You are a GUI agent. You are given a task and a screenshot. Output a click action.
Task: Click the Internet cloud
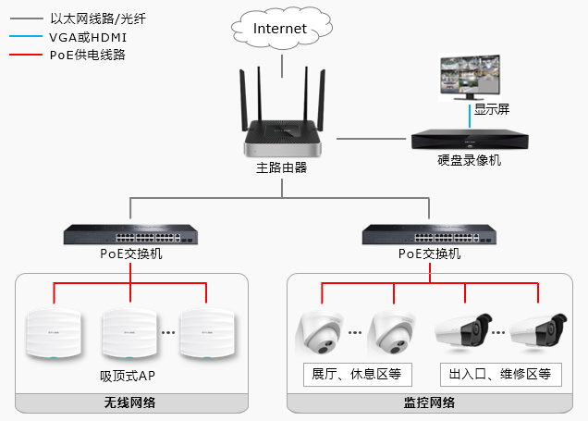280,30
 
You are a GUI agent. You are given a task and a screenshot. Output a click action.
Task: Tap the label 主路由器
281,168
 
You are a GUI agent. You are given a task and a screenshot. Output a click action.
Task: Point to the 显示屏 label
491,109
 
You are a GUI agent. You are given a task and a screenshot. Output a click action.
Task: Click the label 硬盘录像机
469,160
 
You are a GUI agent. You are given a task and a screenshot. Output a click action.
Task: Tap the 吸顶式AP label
129,377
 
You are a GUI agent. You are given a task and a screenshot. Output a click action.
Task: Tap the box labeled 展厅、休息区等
358,375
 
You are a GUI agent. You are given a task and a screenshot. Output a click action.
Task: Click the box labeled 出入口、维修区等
499,375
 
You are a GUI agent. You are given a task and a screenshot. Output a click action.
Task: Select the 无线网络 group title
129,403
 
